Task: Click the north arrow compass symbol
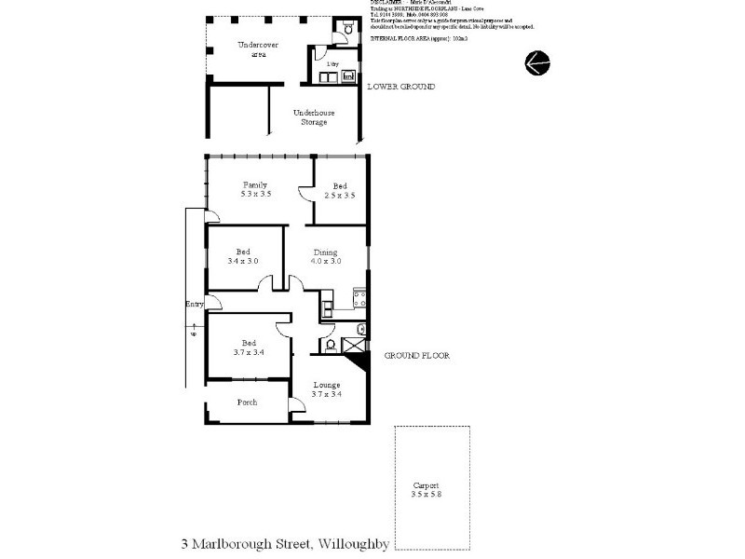pos(537,62)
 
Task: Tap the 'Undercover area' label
pos(252,49)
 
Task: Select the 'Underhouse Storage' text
pos(313,117)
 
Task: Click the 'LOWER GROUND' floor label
pos(400,87)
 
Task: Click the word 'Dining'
pos(325,252)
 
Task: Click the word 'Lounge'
pos(326,385)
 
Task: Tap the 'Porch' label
pos(247,402)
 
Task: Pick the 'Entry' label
pos(195,305)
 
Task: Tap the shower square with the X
pos(355,346)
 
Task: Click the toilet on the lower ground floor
pos(347,30)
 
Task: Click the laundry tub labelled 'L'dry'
pos(332,76)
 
